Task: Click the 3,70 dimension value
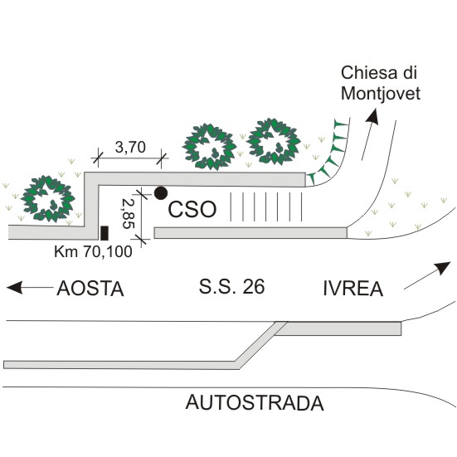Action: pyautogui.click(x=130, y=147)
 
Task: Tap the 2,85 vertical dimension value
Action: pyautogui.click(x=129, y=214)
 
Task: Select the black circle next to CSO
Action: pyautogui.click(x=161, y=193)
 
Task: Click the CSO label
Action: pyautogui.click(x=192, y=209)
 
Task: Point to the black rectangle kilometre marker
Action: pyautogui.click(x=105, y=233)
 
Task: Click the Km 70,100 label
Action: pyautogui.click(x=93, y=251)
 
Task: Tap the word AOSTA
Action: pyautogui.click(x=90, y=289)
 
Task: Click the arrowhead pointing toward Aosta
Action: pyautogui.click(x=15, y=287)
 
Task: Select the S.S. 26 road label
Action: pyautogui.click(x=231, y=286)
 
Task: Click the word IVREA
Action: pyautogui.click(x=353, y=289)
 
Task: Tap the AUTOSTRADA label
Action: pyautogui.click(x=255, y=402)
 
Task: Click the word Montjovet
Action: pyautogui.click(x=381, y=94)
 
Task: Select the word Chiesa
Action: pyautogui.click(x=369, y=73)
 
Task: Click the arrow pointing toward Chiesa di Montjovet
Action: pyautogui.click(x=370, y=134)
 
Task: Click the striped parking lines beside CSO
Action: pyautogui.click(x=266, y=207)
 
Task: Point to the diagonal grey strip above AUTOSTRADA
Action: pyautogui.click(x=261, y=345)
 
